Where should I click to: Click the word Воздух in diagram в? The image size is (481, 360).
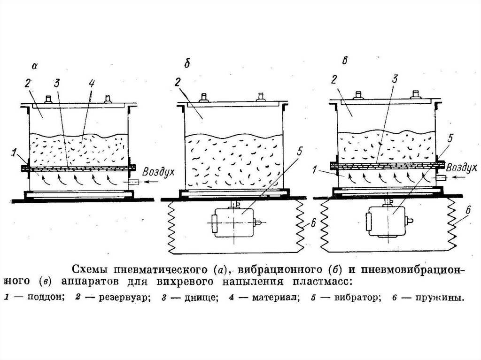pyautogui.click(x=462, y=168)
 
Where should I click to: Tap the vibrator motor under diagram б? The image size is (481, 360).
pyautogui.click(x=233, y=222)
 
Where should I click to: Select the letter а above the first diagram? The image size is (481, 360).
pyautogui.click(x=34, y=66)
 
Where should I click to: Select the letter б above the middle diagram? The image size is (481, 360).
pyautogui.click(x=186, y=64)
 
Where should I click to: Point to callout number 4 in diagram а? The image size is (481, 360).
pyautogui.click(x=92, y=84)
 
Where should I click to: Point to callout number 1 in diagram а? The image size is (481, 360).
pyautogui.click(x=15, y=153)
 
